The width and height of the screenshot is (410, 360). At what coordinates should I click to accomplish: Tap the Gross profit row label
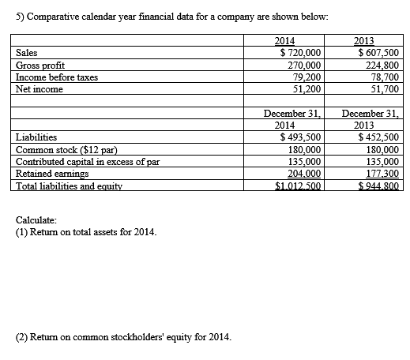click(40, 66)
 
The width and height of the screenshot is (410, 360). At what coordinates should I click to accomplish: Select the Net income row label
click(39, 89)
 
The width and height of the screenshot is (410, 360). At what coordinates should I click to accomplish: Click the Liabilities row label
click(36, 137)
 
